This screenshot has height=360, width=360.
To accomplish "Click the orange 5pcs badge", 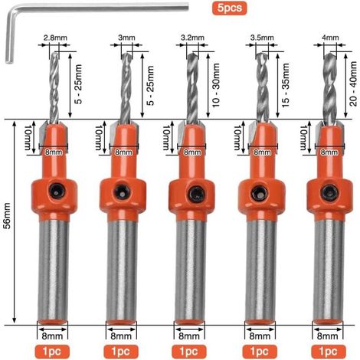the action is (229, 8).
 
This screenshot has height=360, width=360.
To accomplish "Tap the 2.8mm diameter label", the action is (55, 38).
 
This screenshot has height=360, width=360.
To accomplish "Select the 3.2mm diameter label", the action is (192, 38).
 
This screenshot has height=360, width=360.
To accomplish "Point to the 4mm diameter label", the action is (330, 38).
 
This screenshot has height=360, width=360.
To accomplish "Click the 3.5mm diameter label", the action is (262, 38).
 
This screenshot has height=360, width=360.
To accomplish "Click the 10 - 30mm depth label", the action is (216, 85).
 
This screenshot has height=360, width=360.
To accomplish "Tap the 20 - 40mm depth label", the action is (353, 83).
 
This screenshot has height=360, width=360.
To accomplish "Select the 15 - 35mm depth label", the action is (286, 85).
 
